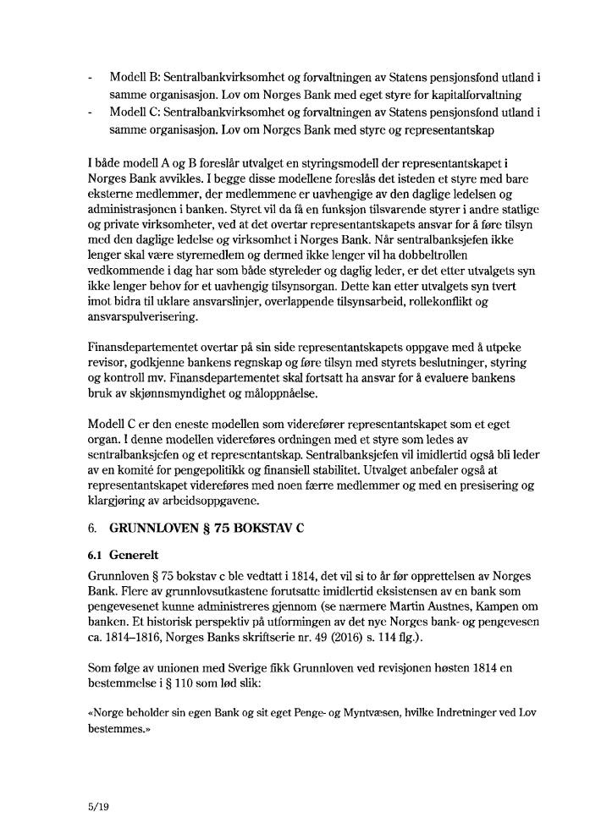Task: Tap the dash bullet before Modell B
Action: [90, 78]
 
